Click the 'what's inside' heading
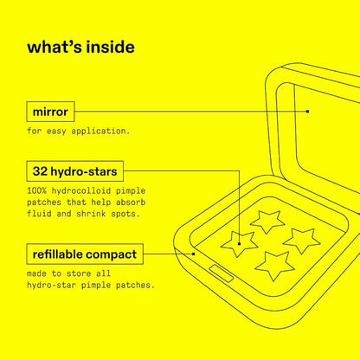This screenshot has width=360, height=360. [80, 47]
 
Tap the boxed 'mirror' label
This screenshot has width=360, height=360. [50, 112]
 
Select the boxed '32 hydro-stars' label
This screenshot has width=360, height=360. [74, 171]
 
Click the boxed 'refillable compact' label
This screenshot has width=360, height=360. [85, 254]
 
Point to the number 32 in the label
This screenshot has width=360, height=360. [40, 171]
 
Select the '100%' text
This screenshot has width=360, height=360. [36, 191]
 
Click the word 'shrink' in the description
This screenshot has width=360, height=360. [91, 214]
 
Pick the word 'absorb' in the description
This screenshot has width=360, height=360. [131, 202]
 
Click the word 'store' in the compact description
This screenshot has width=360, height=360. [76, 273]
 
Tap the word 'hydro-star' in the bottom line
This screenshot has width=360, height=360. [52, 286]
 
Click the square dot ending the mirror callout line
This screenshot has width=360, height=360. [308, 112]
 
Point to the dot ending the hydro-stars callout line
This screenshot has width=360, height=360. [239, 244]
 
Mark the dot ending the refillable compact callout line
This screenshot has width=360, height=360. [194, 254]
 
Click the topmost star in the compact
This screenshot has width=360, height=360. [267, 222]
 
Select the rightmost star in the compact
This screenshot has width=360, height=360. [301, 241]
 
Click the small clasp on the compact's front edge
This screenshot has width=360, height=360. [222, 273]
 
